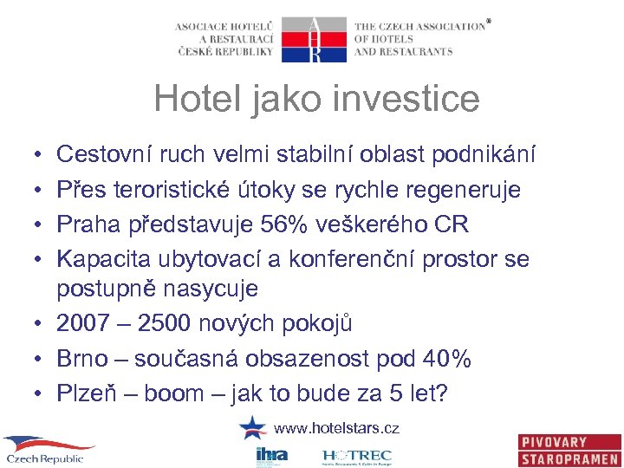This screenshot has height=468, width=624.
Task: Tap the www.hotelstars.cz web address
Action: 336,428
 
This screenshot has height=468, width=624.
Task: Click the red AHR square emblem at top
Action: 315,39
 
